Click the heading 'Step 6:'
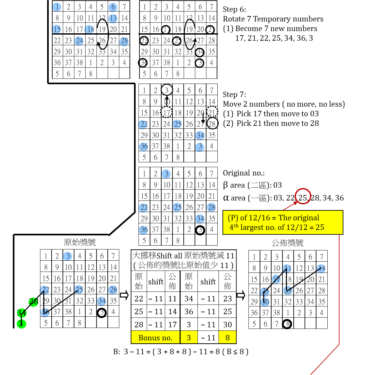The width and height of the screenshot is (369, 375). coord(234,10)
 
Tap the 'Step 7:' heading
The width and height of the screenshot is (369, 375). coord(234,94)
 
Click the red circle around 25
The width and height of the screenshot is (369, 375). coord(303,196)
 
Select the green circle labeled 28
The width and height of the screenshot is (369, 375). coord(33,302)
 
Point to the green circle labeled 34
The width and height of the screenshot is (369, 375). coord(21,313)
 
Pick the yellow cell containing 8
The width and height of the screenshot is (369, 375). coord(227,338)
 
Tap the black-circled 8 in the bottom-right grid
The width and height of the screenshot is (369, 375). coord(287,324)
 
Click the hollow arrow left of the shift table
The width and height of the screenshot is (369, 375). coord(124,295)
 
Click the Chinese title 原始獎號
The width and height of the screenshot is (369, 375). coord(80,242)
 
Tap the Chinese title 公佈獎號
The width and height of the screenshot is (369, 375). coord(288,243)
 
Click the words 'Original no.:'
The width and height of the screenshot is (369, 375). coord(244,173)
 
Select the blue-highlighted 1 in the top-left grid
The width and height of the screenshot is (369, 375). coord(57,7)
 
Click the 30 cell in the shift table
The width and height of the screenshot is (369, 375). coord(227,324)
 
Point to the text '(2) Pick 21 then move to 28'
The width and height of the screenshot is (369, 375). coord(271,123)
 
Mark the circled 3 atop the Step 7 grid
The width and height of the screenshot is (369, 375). coord(167,90)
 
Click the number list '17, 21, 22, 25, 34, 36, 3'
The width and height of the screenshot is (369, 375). coord(274,38)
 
